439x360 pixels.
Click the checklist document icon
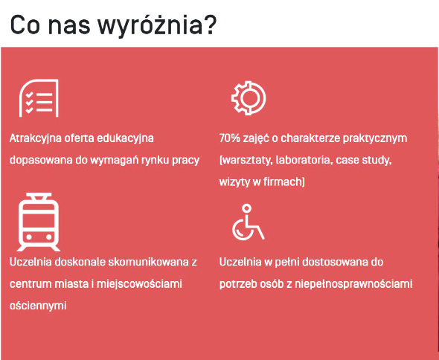(39, 98)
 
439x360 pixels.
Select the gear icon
(249, 98)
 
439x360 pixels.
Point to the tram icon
(39, 222)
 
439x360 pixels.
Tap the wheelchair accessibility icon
(248, 222)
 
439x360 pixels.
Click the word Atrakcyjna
(35, 138)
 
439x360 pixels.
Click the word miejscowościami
(139, 284)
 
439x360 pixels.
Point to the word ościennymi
(38, 306)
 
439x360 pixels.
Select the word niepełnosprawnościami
(353, 284)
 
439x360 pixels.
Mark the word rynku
(155, 161)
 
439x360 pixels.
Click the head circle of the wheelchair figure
(246, 208)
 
